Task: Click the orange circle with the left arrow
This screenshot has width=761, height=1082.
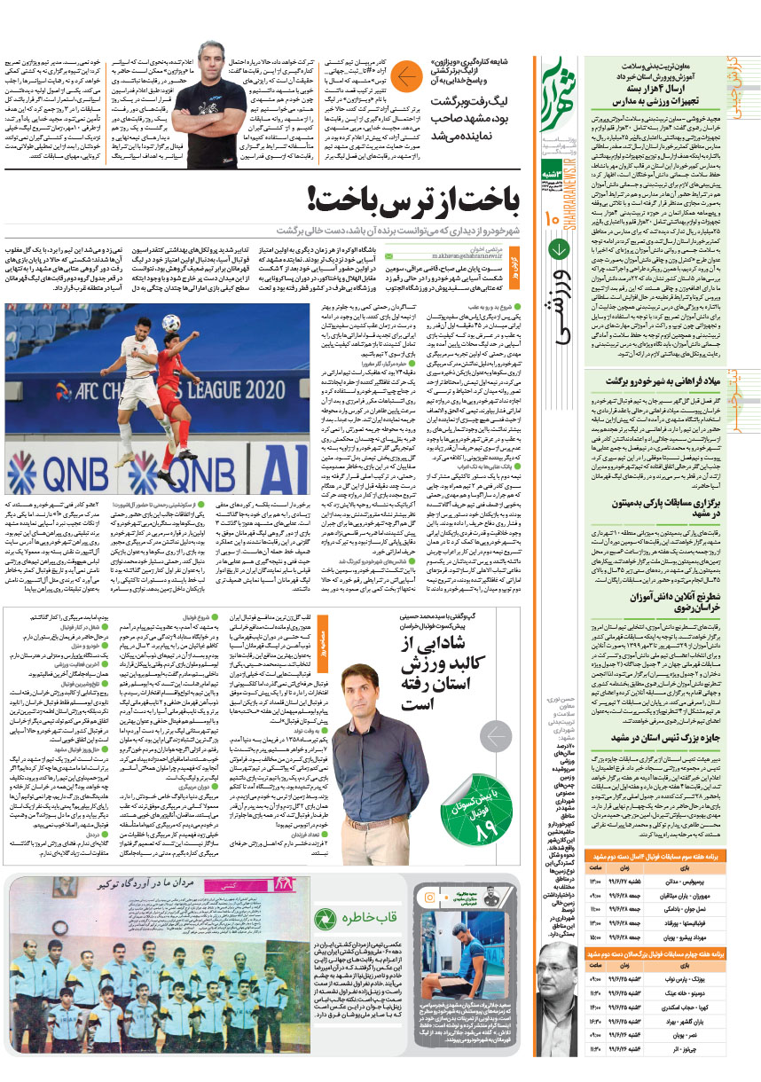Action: coord(406,78)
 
